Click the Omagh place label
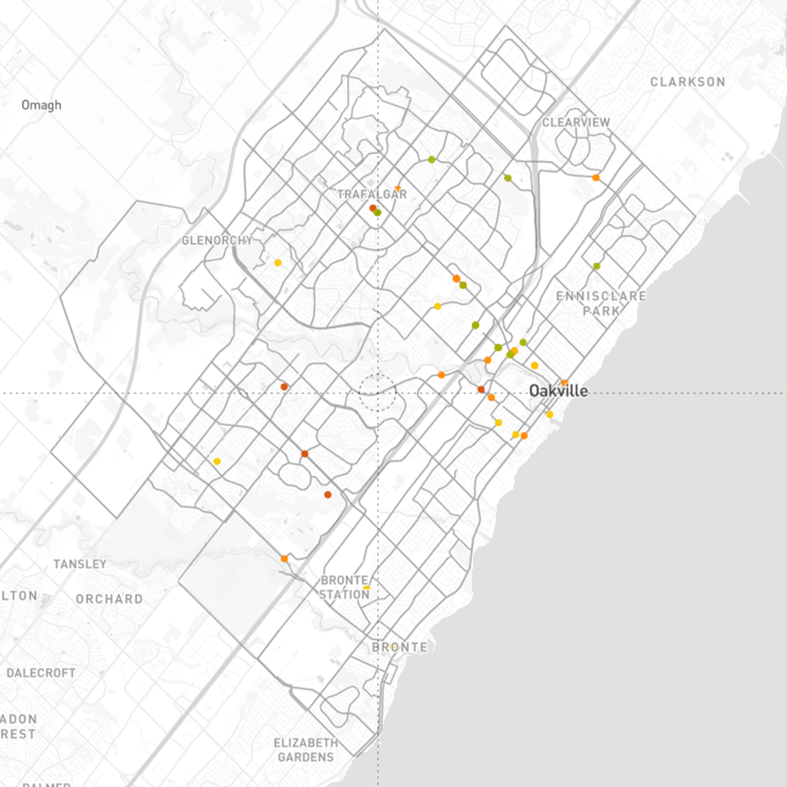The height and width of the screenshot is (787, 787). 41,106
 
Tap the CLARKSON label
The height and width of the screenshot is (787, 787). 688,82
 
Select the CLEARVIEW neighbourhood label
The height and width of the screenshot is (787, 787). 576,123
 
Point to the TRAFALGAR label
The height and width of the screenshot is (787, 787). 371,194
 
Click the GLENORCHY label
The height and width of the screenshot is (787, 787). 217,240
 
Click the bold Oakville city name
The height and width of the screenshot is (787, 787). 558,391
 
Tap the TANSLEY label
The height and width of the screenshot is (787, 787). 80,563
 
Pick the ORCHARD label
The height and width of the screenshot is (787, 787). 109,599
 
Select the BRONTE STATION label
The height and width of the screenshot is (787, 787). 345,587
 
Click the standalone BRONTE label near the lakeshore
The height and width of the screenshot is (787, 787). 399,647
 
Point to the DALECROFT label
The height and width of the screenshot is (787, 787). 41,673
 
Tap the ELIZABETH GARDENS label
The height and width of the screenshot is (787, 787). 305,749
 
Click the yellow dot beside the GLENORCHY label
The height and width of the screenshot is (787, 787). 277,263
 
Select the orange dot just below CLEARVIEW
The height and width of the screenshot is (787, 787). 596,178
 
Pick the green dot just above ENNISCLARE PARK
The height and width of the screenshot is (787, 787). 596,267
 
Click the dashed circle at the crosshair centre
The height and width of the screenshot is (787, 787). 377,392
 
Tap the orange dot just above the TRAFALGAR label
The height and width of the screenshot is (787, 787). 398,188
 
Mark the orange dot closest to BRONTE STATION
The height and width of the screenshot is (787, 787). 284,558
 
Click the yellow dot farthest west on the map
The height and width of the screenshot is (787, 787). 216,462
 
